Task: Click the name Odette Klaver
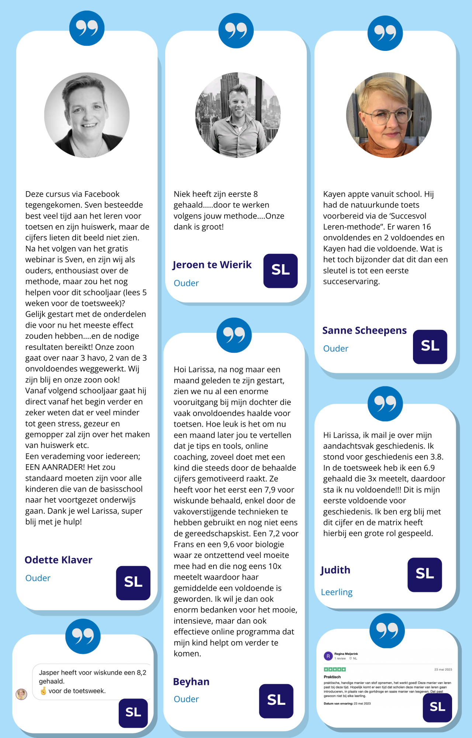coord(58,560)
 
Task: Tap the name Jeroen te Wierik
coord(212,265)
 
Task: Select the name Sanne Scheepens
coord(364,330)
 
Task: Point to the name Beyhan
coord(191,682)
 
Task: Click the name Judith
coord(335,570)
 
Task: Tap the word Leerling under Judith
coord(336,592)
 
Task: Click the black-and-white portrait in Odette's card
coord(87,115)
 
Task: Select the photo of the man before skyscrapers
coord(238,115)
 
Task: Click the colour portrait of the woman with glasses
coord(389,115)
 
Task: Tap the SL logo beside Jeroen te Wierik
coord(280,270)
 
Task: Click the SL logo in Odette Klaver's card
coord(133,583)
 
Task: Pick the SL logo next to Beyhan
coord(276,701)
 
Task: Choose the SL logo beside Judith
coord(424,575)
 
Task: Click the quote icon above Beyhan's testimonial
coord(234,335)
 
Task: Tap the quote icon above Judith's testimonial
coord(385,403)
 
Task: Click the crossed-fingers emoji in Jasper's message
coord(44,691)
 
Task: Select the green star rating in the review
coord(335,669)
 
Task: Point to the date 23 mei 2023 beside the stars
coord(443,669)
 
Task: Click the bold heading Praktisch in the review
coord(332,677)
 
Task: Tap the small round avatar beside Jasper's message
coord(21,694)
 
